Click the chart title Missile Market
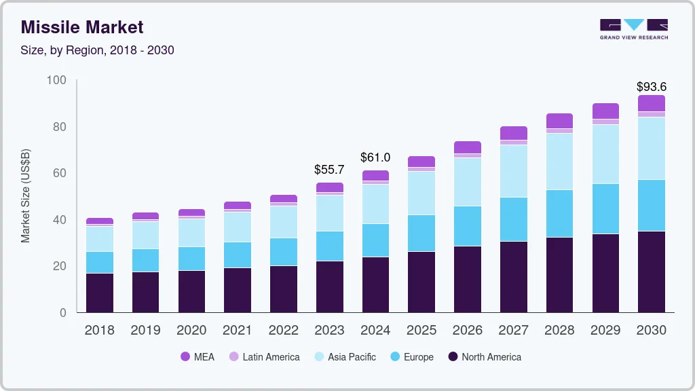pos(82,27)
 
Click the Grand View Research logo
pos(633,29)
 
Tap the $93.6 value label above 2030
pos(651,87)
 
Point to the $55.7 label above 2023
pos(329,170)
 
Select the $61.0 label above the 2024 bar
pos(375,157)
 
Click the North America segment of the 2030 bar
pos(651,272)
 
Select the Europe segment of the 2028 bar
pos(559,213)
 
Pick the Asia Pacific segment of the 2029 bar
pos(605,154)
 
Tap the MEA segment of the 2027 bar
pos(514,133)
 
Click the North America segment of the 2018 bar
pos(100,293)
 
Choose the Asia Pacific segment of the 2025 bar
pos(421,193)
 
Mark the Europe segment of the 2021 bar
pos(238,255)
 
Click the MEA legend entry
pos(198,357)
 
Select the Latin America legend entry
pos(264,357)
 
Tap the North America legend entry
pos(485,357)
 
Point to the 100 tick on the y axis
pos(56,80)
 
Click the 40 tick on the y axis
pos(59,220)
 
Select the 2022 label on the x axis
pos(284,331)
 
